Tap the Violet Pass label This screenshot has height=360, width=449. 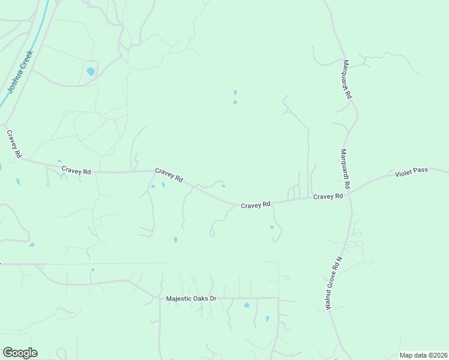(x=411, y=171)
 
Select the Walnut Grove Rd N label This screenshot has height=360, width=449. (x=334, y=283)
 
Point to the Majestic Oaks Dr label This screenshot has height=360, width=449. (x=191, y=298)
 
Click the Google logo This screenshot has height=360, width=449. (x=20, y=353)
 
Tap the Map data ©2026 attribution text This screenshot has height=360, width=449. (x=423, y=355)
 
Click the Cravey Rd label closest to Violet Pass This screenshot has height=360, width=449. (x=328, y=196)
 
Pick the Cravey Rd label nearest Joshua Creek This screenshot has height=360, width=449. (x=14, y=144)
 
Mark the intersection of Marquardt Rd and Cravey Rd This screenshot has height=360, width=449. (x=349, y=194)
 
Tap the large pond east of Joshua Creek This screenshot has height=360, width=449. (x=91, y=71)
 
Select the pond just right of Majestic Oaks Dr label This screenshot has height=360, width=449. (x=247, y=305)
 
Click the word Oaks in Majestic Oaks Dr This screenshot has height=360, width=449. (x=193, y=298)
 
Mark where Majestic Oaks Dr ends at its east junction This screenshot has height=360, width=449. (x=279, y=298)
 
